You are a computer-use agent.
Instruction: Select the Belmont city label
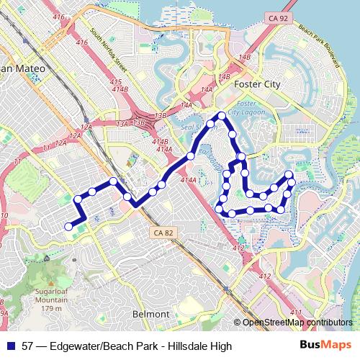pyautogui.click(x=152, y=314)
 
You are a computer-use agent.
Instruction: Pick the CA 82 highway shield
pyautogui.click(x=163, y=233)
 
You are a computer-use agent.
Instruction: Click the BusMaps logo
pyautogui.click(x=325, y=346)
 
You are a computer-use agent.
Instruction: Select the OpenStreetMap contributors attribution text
pyautogui.click(x=297, y=323)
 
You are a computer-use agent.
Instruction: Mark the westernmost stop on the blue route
pyautogui.click(x=69, y=226)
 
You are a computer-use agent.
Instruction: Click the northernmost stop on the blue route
pyautogui.click(x=221, y=115)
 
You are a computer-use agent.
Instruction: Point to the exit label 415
pyautogui.click(x=116, y=83)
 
